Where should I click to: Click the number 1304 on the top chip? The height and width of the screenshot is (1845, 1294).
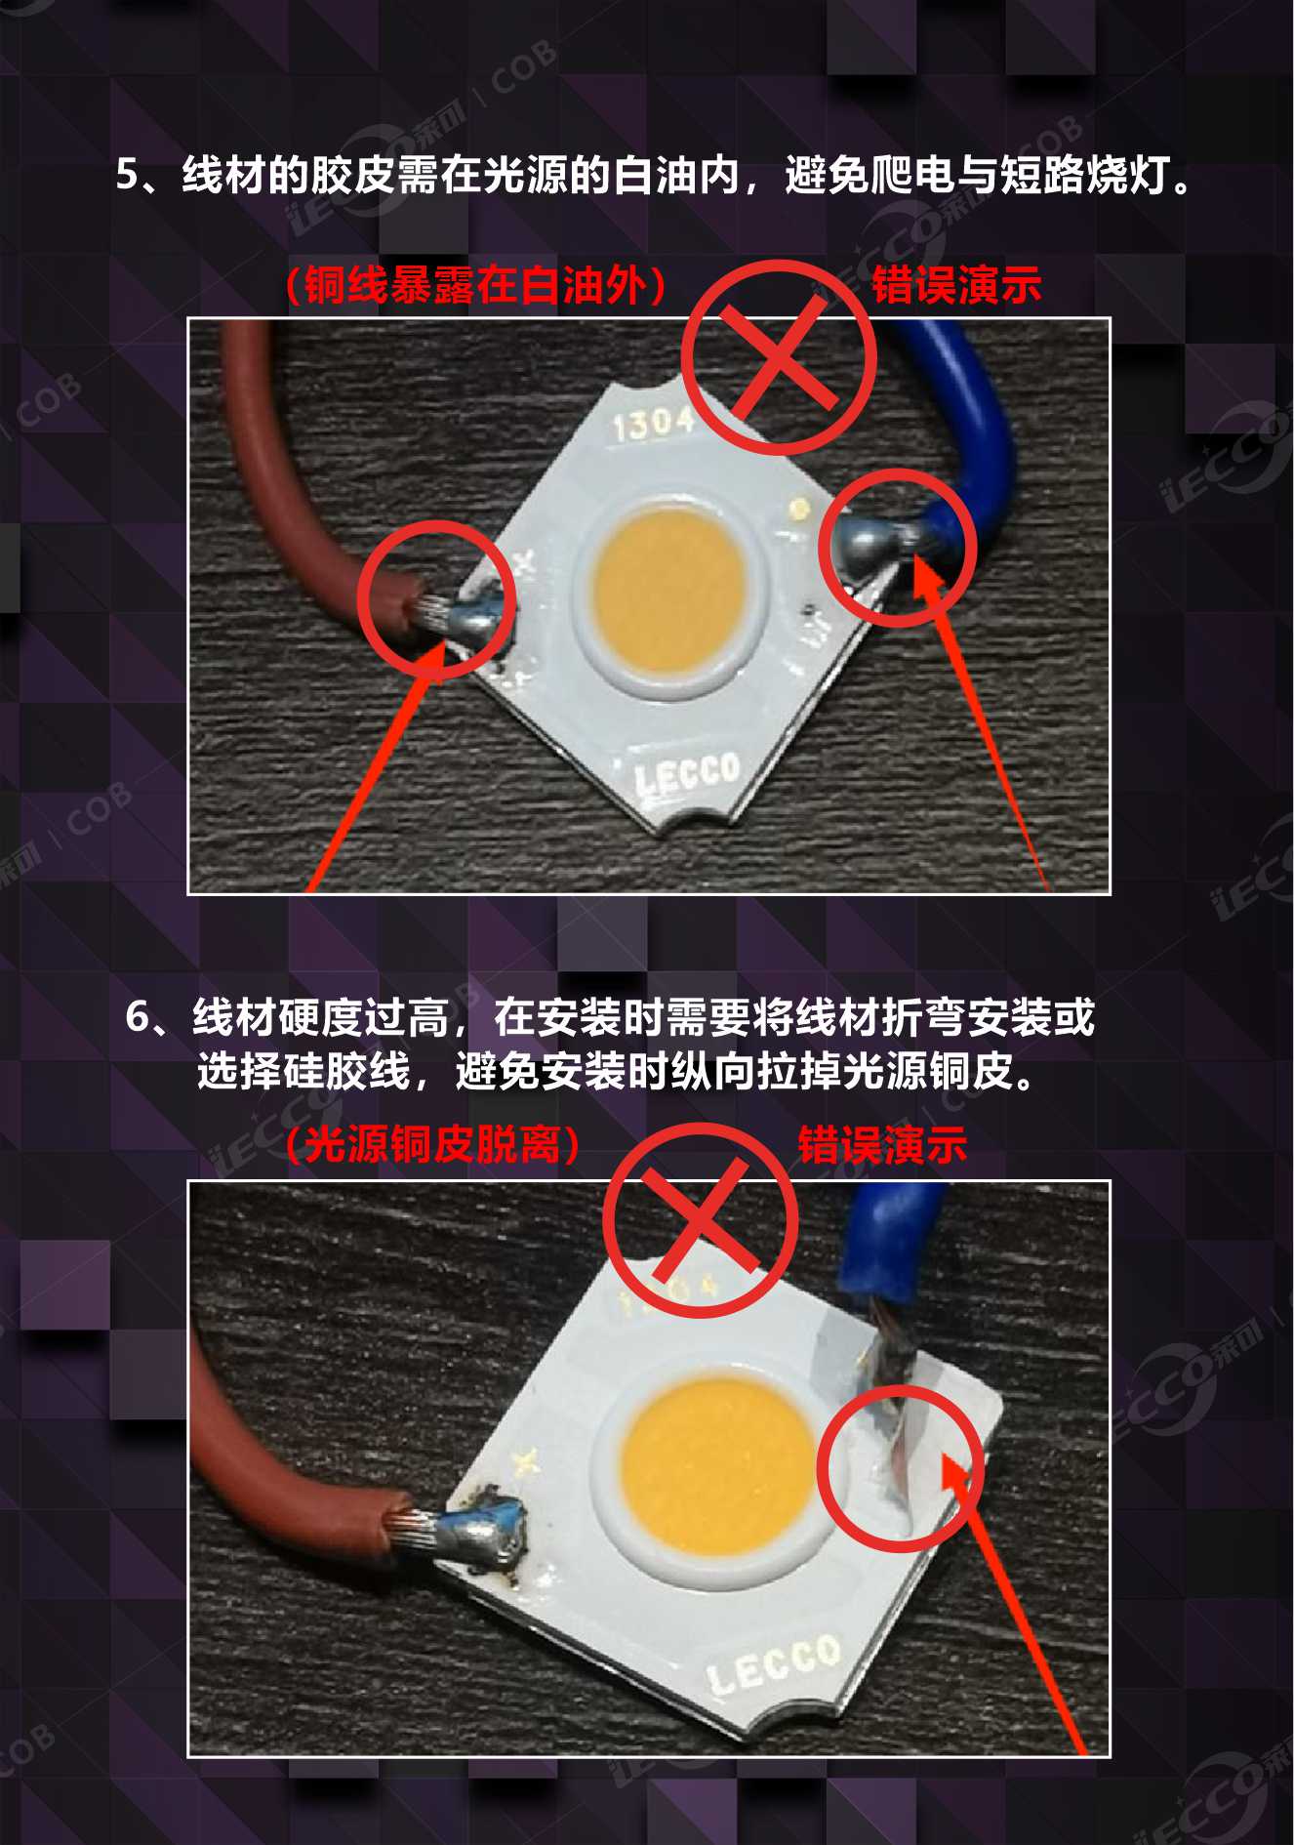click(x=653, y=424)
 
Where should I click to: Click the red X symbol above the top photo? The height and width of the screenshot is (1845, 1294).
click(x=779, y=356)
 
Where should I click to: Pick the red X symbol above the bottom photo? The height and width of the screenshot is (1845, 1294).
click(x=700, y=1220)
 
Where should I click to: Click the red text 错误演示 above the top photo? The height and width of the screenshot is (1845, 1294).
click(x=956, y=285)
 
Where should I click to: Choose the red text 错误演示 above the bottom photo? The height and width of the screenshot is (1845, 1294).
click(x=882, y=1144)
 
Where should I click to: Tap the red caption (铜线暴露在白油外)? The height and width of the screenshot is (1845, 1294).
click(x=476, y=285)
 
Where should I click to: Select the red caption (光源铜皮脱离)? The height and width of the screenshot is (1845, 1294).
click(x=433, y=1144)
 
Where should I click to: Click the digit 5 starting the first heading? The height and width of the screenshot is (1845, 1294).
click(x=128, y=176)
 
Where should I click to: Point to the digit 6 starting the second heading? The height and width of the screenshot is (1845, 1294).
click(x=138, y=1017)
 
